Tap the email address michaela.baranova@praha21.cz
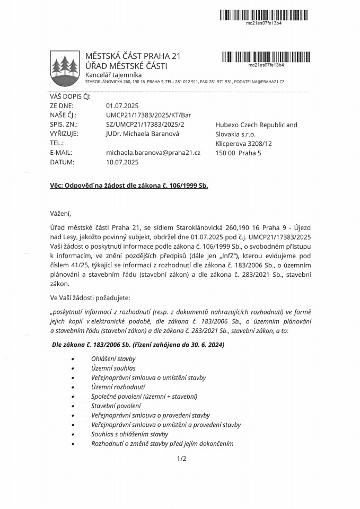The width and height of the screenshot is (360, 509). pos(153,153)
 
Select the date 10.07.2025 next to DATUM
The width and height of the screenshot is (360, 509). pos(122,162)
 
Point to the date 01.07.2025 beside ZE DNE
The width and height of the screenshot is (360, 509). pos(122,106)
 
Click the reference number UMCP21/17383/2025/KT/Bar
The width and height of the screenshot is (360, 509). pos(148,115)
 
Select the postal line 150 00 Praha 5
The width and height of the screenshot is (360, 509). pos(239,153)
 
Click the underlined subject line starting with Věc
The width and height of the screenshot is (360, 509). pos(126,186)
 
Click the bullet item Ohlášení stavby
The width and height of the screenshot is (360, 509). pos(113,358)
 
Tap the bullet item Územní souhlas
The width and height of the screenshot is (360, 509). pos(113,368)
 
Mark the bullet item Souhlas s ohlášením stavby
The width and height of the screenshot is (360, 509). pos(129,434)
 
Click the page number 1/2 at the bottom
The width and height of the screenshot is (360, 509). pos(182,459)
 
